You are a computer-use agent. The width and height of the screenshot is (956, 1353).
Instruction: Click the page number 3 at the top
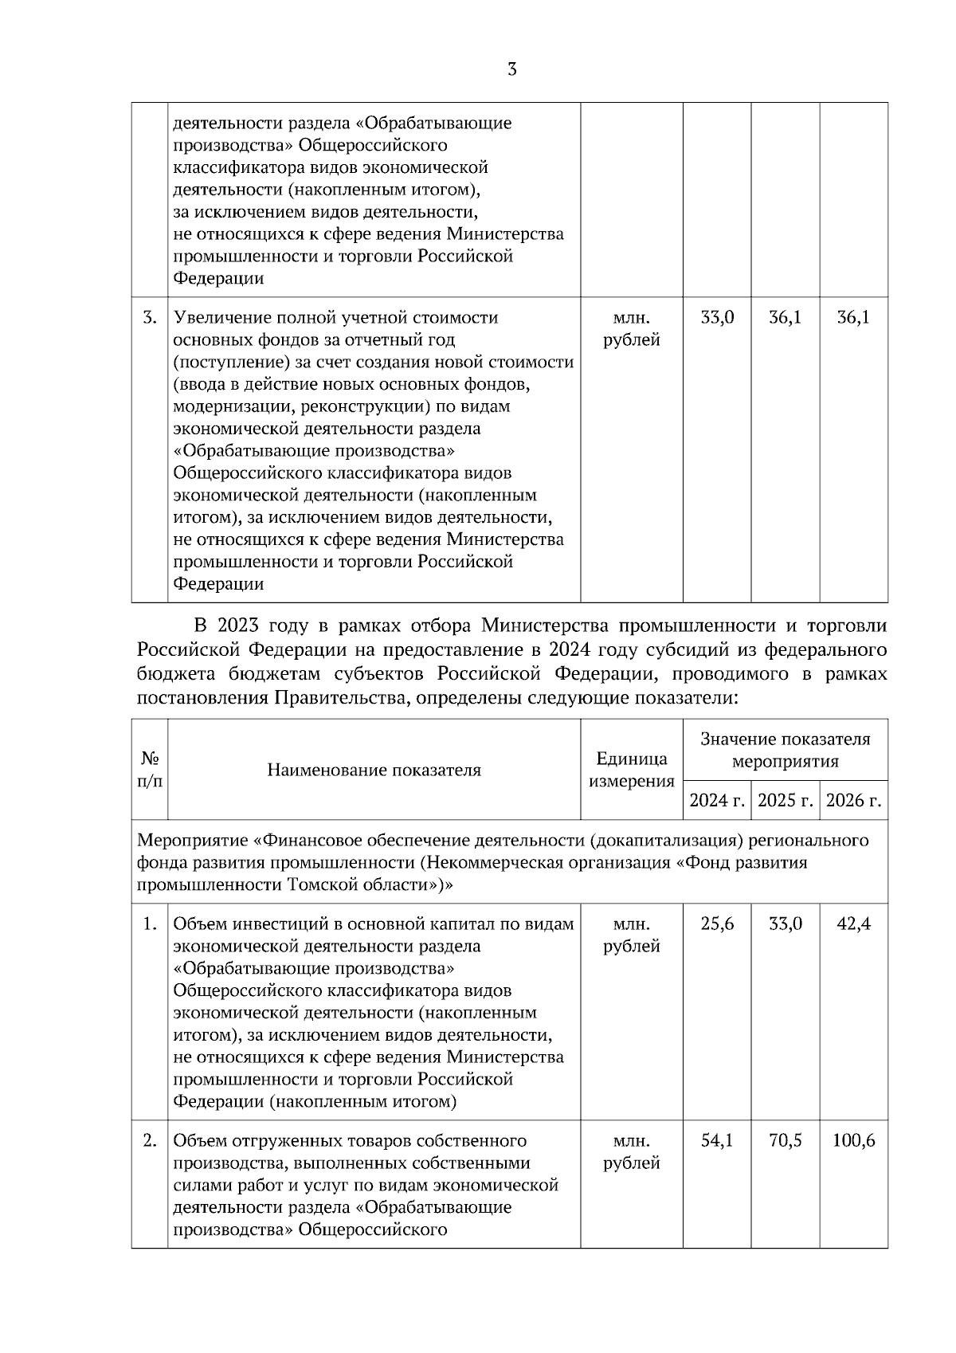click(x=511, y=69)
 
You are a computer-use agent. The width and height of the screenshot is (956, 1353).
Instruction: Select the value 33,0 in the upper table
click(x=717, y=317)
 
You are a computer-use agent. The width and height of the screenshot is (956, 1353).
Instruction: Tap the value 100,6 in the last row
click(x=854, y=1140)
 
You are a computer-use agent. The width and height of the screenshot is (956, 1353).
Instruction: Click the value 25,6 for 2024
click(x=717, y=924)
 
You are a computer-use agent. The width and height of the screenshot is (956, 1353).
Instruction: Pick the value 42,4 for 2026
click(x=854, y=924)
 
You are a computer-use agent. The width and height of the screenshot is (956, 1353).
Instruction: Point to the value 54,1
click(x=717, y=1140)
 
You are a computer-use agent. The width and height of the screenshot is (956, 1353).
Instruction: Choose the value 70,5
click(x=786, y=1140)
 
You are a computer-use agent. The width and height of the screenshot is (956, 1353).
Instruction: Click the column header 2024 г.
click(x=717, y=800)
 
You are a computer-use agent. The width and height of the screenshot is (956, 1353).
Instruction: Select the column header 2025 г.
click(x=786, y=800)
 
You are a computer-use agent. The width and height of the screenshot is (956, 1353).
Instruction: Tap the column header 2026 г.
click(x=854, y=800)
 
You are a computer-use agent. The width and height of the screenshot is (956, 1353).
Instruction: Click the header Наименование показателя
click(x=374, y=770)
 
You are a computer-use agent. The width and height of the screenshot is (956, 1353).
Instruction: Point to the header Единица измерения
click(x=632, y=770)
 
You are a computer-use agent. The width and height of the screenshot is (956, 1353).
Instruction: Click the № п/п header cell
click(x=150, y=770)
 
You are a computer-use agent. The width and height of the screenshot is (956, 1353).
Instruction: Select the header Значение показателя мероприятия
click(x=786, y=750)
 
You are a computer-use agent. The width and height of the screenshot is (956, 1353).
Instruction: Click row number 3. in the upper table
click(x=150, y=317)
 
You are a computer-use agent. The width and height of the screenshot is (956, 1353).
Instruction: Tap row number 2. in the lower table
click(x=150, y=1140)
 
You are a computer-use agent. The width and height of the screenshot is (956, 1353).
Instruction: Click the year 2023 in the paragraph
click(x=237, y=627)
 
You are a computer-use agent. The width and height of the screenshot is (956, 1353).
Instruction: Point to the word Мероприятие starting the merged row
click(x=192, y=840)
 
